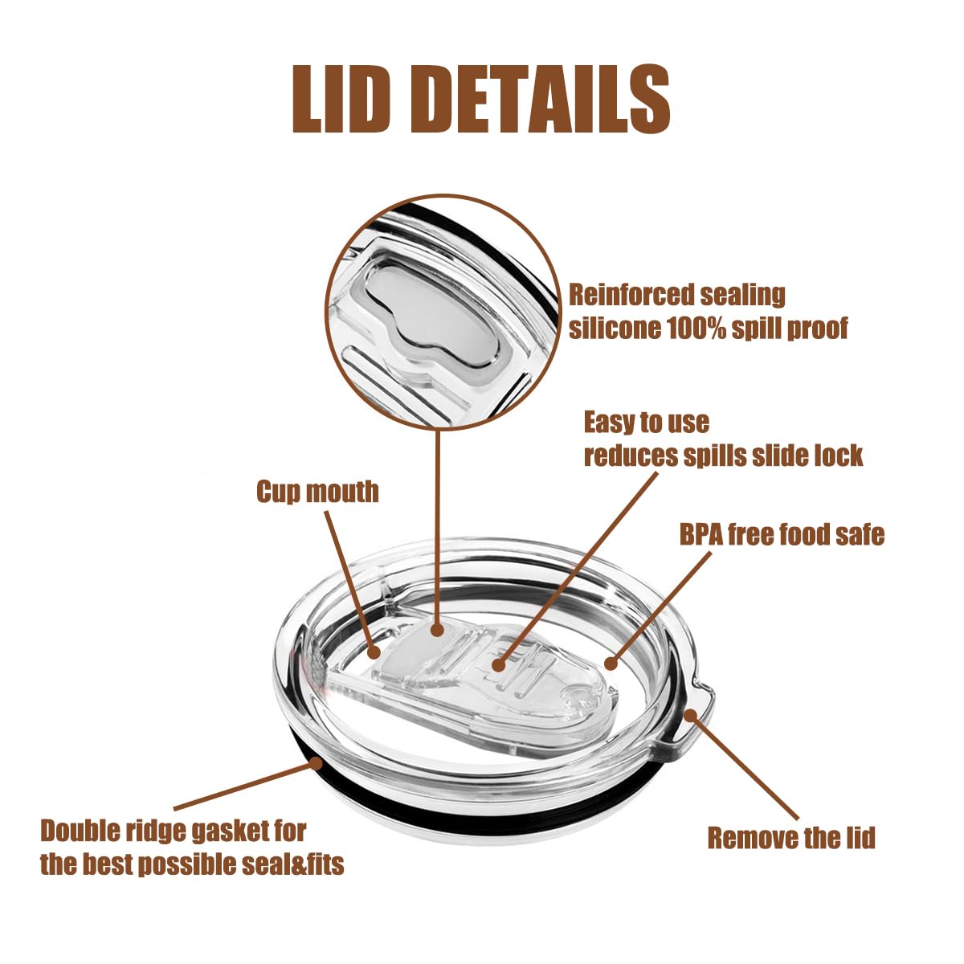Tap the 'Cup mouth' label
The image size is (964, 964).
317,492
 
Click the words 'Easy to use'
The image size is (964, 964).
647,423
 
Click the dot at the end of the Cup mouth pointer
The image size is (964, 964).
374,652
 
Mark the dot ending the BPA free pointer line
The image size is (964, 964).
611,664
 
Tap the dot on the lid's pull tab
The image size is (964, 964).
690,716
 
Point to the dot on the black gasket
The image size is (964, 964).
316,763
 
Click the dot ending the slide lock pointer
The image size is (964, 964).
498,665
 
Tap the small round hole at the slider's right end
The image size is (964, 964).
578,696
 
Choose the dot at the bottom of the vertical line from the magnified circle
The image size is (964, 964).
438,631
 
